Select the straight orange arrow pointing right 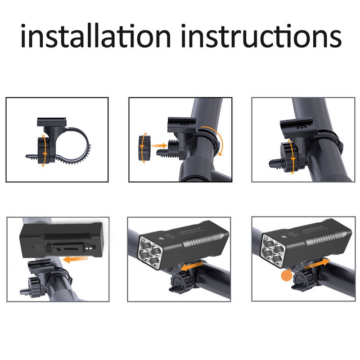[158, 146]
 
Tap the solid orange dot [285, 275]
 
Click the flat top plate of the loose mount [52, 121]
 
